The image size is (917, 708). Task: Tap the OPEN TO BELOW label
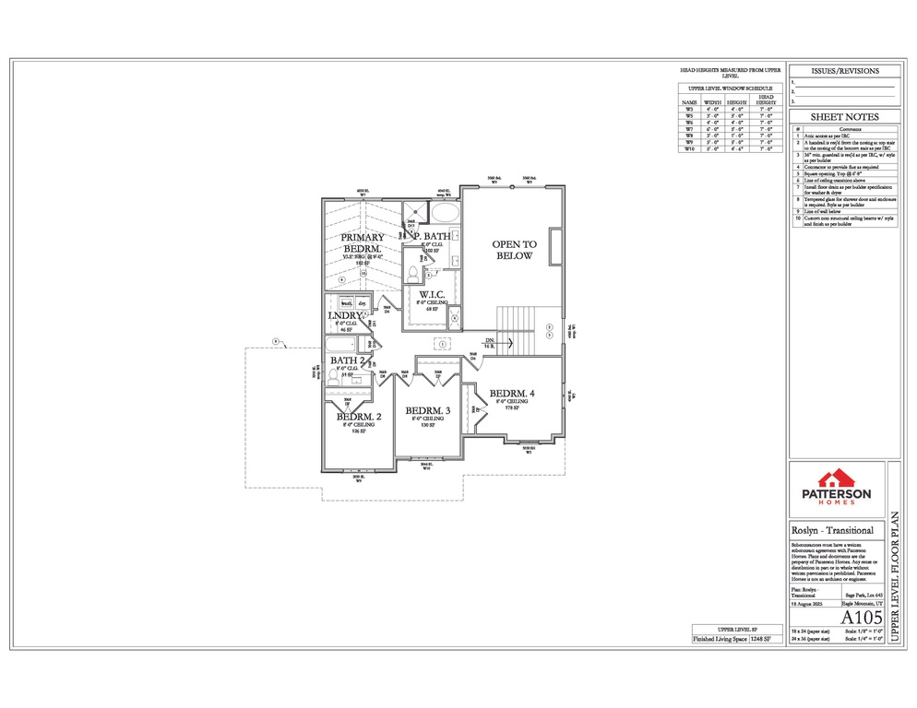click(512, 250)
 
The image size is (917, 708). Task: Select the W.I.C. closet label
click(431, 295)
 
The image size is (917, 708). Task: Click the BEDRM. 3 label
click(428, 410)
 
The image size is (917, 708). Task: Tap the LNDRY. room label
click(346, 315)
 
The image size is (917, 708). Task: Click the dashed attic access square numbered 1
click(443, 343)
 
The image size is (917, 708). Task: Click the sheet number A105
click(863, 617)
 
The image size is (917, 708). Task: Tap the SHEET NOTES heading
click(844, 117)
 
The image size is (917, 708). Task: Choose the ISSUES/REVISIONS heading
click(844, 71)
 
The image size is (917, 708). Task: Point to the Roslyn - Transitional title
click(827, 532)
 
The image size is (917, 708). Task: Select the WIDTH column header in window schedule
click(713, 102)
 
